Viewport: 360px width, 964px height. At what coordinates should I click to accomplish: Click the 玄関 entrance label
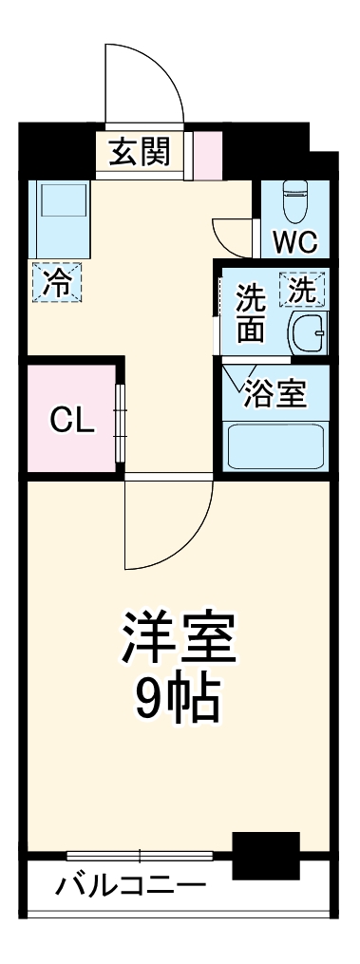pos(139,152)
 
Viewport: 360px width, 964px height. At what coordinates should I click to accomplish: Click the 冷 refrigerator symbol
pos(58,282)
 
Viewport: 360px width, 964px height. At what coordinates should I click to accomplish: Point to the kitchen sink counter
pos(59,217)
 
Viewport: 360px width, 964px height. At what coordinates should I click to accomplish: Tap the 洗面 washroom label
pos(251,312)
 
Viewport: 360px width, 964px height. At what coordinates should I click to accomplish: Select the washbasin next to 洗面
pos(307,331)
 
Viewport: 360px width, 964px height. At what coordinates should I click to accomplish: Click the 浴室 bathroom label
pos(275,394)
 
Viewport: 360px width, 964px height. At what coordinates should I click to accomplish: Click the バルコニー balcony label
pos(129,888)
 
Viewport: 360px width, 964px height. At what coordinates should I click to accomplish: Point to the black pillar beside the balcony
pos(265,855)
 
